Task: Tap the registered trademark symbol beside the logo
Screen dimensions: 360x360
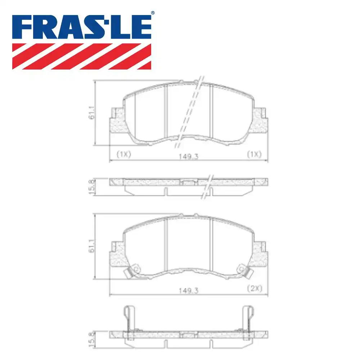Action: coord(153,13)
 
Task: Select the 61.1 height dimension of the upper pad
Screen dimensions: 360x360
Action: coord(92,113)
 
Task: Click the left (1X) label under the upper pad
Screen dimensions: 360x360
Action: coord(124,154)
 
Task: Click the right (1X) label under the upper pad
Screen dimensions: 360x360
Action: coord(253,154)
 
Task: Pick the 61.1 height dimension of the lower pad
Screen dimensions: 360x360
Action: coord(92,246)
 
